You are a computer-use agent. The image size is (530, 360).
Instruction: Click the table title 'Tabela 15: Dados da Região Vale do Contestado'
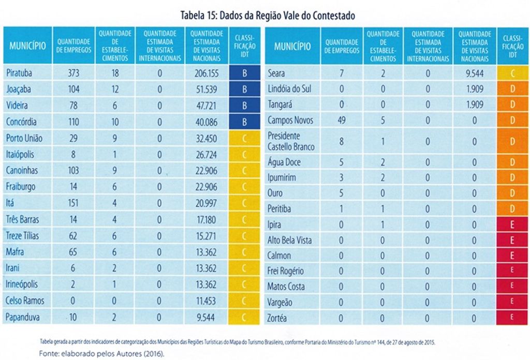(x=268, y=16)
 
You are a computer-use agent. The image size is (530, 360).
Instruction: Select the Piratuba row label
(x=19, y=73)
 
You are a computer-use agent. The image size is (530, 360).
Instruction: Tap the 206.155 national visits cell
(x=207, y=73)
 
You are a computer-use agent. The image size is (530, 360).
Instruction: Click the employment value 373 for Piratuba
(x=73, y=73)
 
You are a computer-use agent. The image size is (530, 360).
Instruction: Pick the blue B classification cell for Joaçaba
(x=244, y=89)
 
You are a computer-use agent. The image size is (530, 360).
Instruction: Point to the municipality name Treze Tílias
(x=22, y=236)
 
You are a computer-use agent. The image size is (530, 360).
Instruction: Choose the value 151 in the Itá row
(x=73, y=203)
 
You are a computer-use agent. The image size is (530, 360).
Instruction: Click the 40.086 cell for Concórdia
(x=207, y=122)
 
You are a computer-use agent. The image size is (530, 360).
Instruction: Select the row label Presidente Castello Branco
(x=291, y=141)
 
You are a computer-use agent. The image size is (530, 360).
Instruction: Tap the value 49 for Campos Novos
(x=341, y=121)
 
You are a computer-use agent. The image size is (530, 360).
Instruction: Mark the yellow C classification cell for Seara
(x=512, y=73)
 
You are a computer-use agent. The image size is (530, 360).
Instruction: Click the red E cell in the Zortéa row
(x=512, y=318)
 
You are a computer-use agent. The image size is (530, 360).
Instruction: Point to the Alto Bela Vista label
(x=289, y=240)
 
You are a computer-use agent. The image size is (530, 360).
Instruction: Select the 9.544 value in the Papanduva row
(x=207, y=317)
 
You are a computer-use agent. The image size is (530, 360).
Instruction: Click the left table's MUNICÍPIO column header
(x=27, y=46)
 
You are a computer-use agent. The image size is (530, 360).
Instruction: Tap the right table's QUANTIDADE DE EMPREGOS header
(x=342, y=47)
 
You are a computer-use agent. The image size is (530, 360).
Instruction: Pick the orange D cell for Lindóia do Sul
(x=512, y=89)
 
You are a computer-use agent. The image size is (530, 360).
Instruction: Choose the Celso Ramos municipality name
(x=25, y=301)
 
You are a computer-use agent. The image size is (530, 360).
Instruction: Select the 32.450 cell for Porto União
(x=207, y=138)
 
